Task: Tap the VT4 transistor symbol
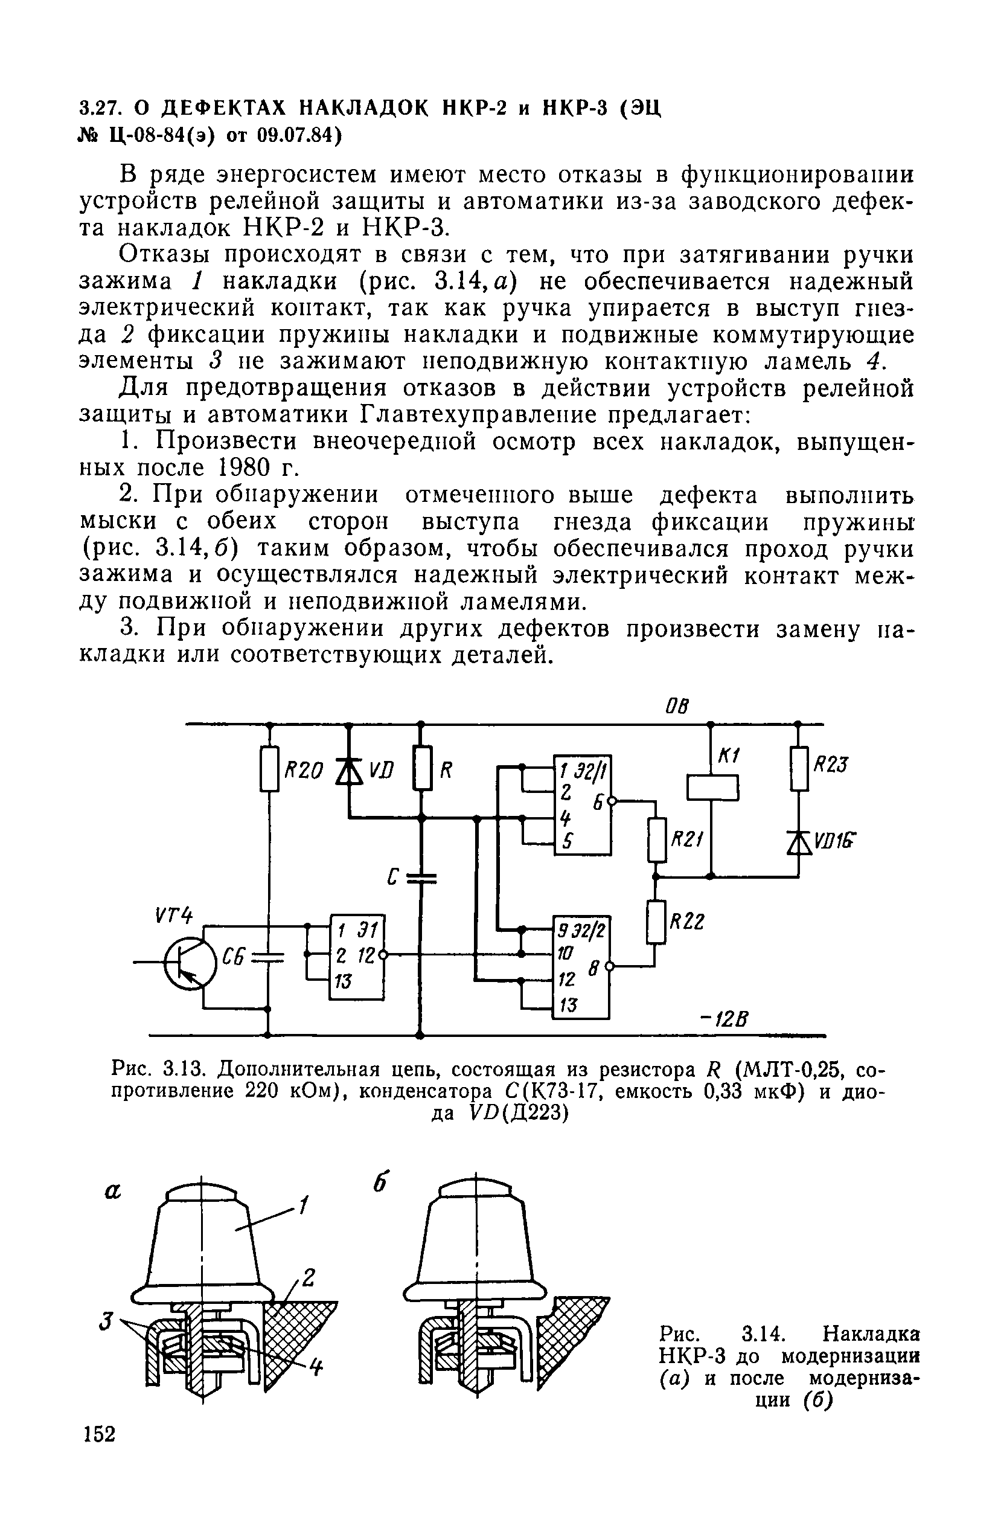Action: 190,963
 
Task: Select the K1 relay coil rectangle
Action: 711,787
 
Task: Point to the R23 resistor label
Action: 831,765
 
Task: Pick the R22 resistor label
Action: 688,922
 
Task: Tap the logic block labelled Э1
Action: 357,957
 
